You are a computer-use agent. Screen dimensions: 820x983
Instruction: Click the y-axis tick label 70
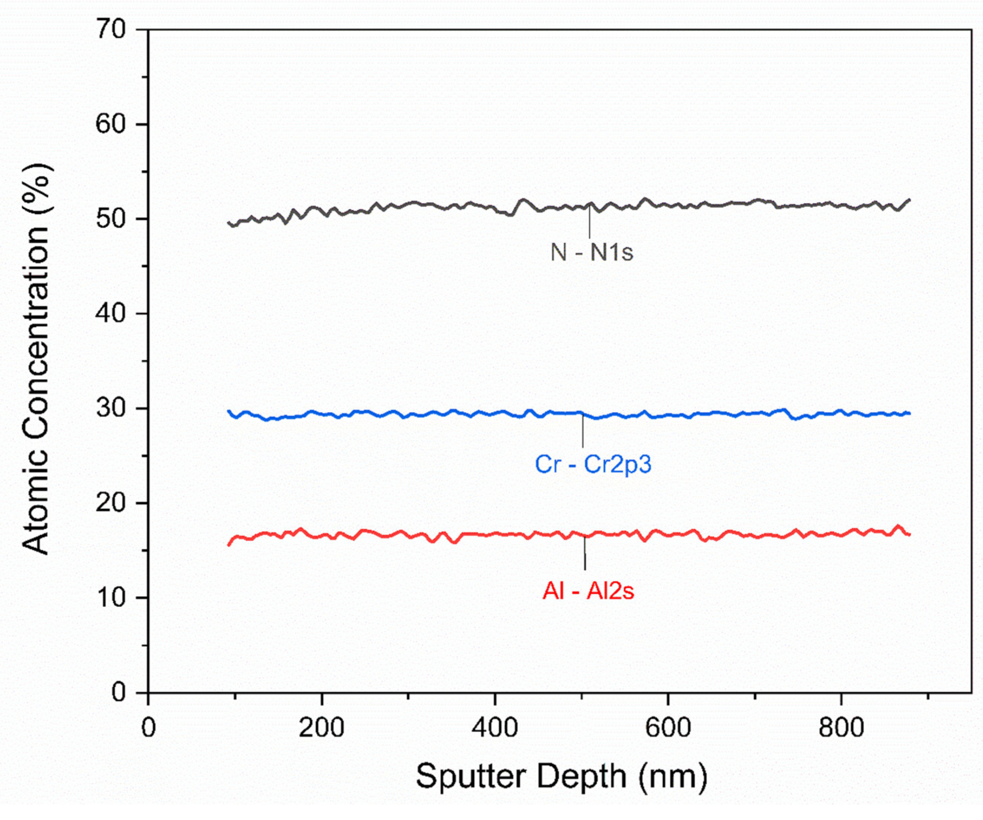[111, 30]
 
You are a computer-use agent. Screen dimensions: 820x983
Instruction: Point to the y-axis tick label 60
[111, 124]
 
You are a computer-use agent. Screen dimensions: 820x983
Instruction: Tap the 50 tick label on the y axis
[111, 219]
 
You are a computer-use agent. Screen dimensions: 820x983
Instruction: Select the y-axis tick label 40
[111, 314]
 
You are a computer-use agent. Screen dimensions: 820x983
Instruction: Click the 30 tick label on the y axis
[111, 409]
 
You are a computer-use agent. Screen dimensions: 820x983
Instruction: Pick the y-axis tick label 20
[111, 503]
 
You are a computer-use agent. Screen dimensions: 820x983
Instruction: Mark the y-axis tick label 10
[111, 598]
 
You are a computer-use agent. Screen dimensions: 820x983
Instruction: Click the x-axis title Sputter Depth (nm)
[561, 777]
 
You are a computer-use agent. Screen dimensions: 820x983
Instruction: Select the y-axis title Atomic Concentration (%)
[37, 359]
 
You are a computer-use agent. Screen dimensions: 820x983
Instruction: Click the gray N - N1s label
[592, 253]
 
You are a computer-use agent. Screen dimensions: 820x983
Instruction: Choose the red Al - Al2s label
[588, 591]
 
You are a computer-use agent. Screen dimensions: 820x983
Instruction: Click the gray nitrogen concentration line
[421, 204]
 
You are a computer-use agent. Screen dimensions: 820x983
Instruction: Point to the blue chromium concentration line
[421, 414]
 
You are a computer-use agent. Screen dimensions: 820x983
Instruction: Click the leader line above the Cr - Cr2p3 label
[583, 431]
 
